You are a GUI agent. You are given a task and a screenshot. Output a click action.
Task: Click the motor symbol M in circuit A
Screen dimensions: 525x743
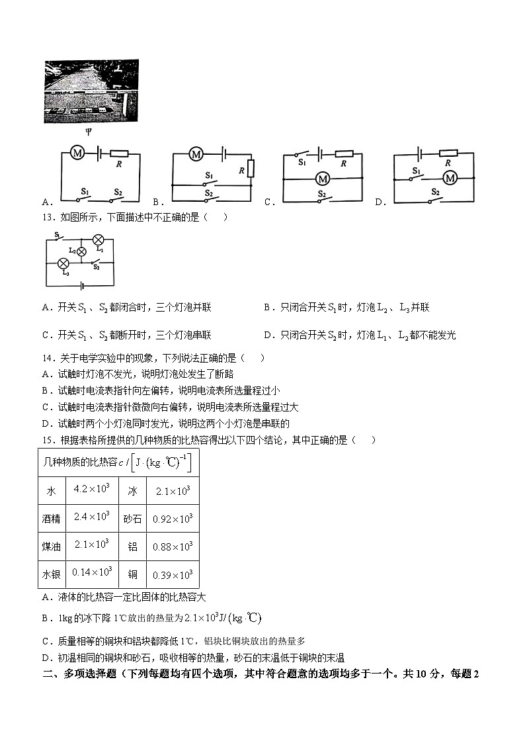click(x=77, y=153)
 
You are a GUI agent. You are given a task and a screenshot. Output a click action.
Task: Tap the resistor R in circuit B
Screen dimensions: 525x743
click(x=251, y=169)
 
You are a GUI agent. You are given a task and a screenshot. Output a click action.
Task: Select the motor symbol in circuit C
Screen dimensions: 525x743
click(x=323, y=179)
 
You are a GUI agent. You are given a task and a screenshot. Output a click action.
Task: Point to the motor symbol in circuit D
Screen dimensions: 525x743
click(x=450, y=178)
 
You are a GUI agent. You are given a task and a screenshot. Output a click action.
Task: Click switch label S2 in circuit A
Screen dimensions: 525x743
click(x=118, y=192)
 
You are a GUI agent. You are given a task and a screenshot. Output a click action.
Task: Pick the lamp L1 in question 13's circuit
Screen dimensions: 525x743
click(x=98, y=240)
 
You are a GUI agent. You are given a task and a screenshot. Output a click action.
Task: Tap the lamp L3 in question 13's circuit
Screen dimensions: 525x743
click(x=65, y=263)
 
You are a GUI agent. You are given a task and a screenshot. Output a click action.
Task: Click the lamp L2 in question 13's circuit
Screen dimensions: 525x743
click(x=82, y=251)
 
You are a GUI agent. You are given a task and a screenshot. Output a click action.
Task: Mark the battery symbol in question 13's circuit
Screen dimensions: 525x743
click(x=80, y=286)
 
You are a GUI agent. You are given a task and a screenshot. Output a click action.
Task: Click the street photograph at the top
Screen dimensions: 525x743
click(x=92, y=91)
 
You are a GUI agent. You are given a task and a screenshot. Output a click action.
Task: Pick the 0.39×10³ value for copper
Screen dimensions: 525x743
click(x=173, y=574)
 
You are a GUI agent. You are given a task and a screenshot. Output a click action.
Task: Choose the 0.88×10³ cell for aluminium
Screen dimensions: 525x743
click(x=173, y=546)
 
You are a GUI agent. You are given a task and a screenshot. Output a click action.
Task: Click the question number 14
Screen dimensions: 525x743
click(x=48, y=358)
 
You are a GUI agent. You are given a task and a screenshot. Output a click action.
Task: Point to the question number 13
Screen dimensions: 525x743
click(x=48, y=217)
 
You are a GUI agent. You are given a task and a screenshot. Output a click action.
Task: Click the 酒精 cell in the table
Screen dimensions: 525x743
click(x=51, y=519)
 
